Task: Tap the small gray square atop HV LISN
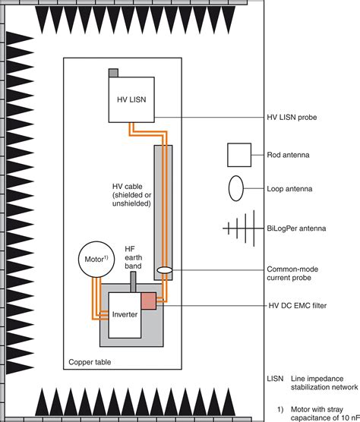coord(113,72)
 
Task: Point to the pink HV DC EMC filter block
coord(147,300)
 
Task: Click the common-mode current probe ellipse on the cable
coord(165,270)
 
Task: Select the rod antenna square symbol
coord(240,154)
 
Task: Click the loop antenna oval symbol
coord(237,186)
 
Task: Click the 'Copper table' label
coord(90,363)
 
